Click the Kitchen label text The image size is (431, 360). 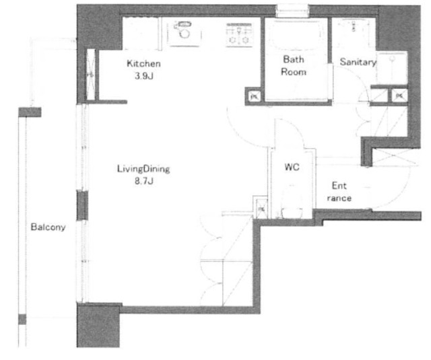pyautogui.click(x=143, y=64)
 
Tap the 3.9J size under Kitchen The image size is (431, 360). pyautogui.click(x=143, y=76)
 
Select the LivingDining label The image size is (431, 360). pyautogui.click(x=143, y=169)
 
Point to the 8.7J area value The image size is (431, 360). pyautogui.click(x=143, y=181)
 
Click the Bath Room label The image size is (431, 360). pyautogui.click(x=294, y=66)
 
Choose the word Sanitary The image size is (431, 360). pyautogui.click(x=358, y=62)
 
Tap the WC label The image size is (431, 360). pyautogui.click(x=292, y=167)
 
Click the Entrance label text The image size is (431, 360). pyautogui.click(x=339, y=192)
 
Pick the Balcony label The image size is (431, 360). pyautogui.click(x=48, y=227)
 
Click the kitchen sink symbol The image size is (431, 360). pyautogui.click(x=183, y=34)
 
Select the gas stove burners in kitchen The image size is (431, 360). pyautogui.click(x=239, y=34)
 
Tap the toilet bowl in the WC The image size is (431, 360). pyautogui.click(x=292, y=203)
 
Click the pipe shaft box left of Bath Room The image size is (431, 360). pyautogui.click(x=254, y=96)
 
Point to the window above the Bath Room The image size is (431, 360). pyautogui.click(x=293, y=11)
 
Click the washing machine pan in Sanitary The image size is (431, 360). pyautogui.click(x=391, y=68)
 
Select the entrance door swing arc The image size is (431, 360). pyautogui.click(x=393, y=192)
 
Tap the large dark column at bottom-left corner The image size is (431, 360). pyautogui.click(x=98, y=326)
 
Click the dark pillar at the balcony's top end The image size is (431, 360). pyautogui.click(x=30, y=112)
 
